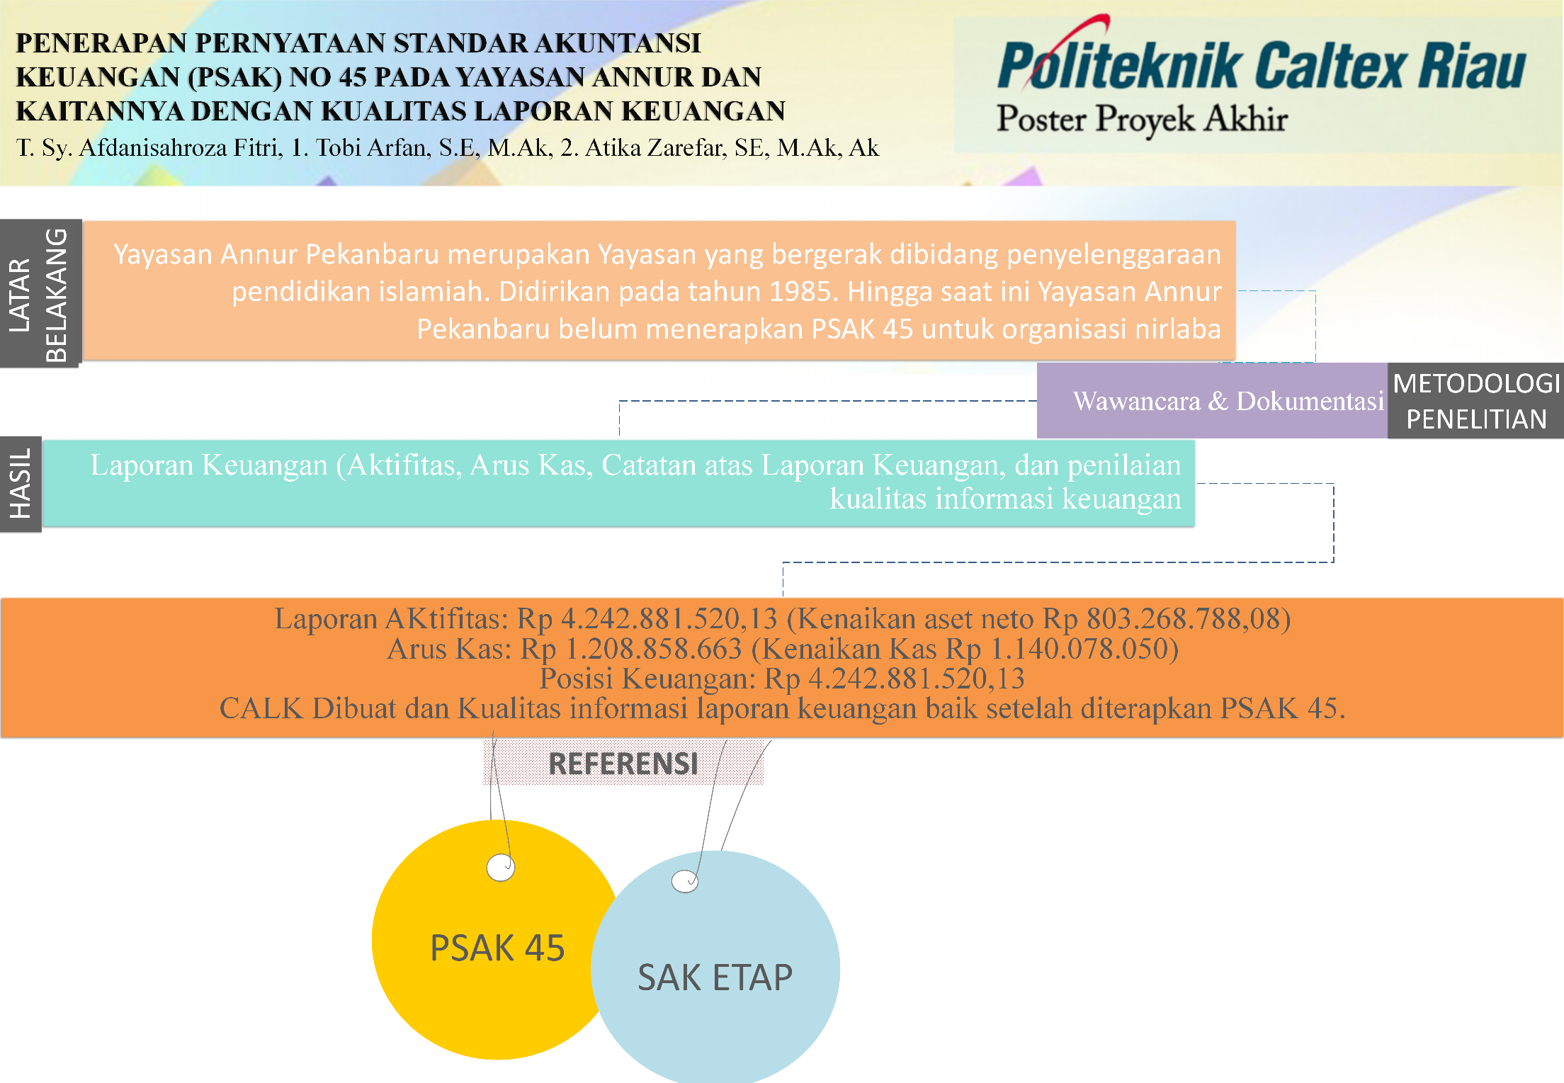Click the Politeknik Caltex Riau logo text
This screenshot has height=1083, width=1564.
[x=1261, y=65]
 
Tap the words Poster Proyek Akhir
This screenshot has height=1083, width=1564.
[x=1141, y=118]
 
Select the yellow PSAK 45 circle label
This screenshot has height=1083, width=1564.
[x=497, y=948]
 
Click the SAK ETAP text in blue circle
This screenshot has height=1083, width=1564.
[x=715, y=977]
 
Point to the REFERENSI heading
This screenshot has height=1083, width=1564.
[x=623, y=764]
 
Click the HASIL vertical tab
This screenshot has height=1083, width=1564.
[x=21, y=484]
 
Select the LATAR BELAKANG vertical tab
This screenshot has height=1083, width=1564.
[x=40, y=293]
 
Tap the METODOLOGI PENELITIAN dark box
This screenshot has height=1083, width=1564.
[x=1475, y=401]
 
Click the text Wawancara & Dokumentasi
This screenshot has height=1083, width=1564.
[x=1228, y=401]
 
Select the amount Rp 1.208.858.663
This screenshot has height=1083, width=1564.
[x=631, y=649]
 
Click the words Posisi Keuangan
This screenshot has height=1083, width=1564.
[x=647, y=679]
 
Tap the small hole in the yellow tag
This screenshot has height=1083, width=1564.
[x=501, y=867]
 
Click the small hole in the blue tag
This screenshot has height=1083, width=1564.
[x=684, y=881]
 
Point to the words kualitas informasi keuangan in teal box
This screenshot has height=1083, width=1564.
[x=1005, y=499]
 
